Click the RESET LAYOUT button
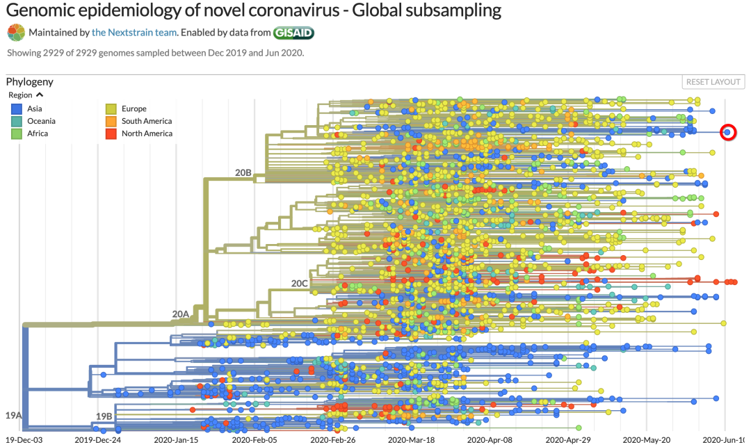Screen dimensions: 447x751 (713, 82)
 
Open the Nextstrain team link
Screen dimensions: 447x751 (135, 32)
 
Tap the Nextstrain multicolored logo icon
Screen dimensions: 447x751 (17, 32)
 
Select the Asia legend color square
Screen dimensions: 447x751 (17, 108)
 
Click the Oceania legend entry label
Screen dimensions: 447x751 (41, 121)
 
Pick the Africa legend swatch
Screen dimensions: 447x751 (17, 133)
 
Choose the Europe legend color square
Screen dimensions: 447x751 (111, 108)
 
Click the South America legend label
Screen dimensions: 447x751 (146, 121)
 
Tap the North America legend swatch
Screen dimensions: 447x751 (111, 133)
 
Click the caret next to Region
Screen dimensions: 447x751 (40, 95)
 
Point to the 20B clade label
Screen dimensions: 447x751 (243, 172)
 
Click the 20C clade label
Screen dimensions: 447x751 (299, 284)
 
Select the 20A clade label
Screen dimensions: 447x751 (181, 314)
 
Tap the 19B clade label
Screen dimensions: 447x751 (104, 416)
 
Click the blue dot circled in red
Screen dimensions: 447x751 (727, 132)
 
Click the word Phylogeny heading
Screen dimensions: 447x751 (30, 81)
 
